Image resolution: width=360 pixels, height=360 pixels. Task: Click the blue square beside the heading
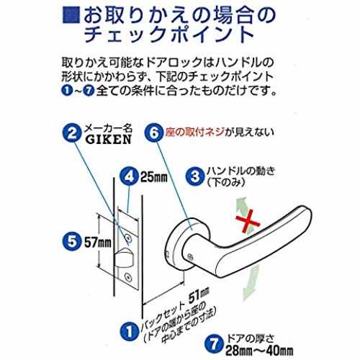[x=71, y=16]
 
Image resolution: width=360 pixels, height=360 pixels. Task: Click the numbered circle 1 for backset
[x=130, y=332]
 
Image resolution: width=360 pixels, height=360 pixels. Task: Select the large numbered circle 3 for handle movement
[x=195, y=176]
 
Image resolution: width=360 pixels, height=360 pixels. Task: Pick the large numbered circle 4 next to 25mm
[x=130, y=176]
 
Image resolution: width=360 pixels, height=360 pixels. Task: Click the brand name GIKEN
[x=109, y=140]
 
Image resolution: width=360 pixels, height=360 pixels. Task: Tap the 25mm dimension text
[x=154, y=177]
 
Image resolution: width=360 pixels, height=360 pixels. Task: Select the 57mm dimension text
[x=98, y=243]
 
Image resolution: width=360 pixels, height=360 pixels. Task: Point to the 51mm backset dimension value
[x=199, y=296]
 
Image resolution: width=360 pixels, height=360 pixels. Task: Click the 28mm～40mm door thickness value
[x=259, y=351]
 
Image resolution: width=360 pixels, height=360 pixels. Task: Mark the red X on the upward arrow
[x=248, y=223]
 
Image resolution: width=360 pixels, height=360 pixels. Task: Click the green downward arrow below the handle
[x=251, y=283]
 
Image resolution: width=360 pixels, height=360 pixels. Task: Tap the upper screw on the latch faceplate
[x=129, y=238]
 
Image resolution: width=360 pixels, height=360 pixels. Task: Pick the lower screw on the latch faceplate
[x=128, y=278]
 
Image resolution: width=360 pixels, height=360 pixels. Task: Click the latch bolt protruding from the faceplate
[x=125, y=258]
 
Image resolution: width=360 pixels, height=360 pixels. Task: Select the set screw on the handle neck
[x=190, y=257]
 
